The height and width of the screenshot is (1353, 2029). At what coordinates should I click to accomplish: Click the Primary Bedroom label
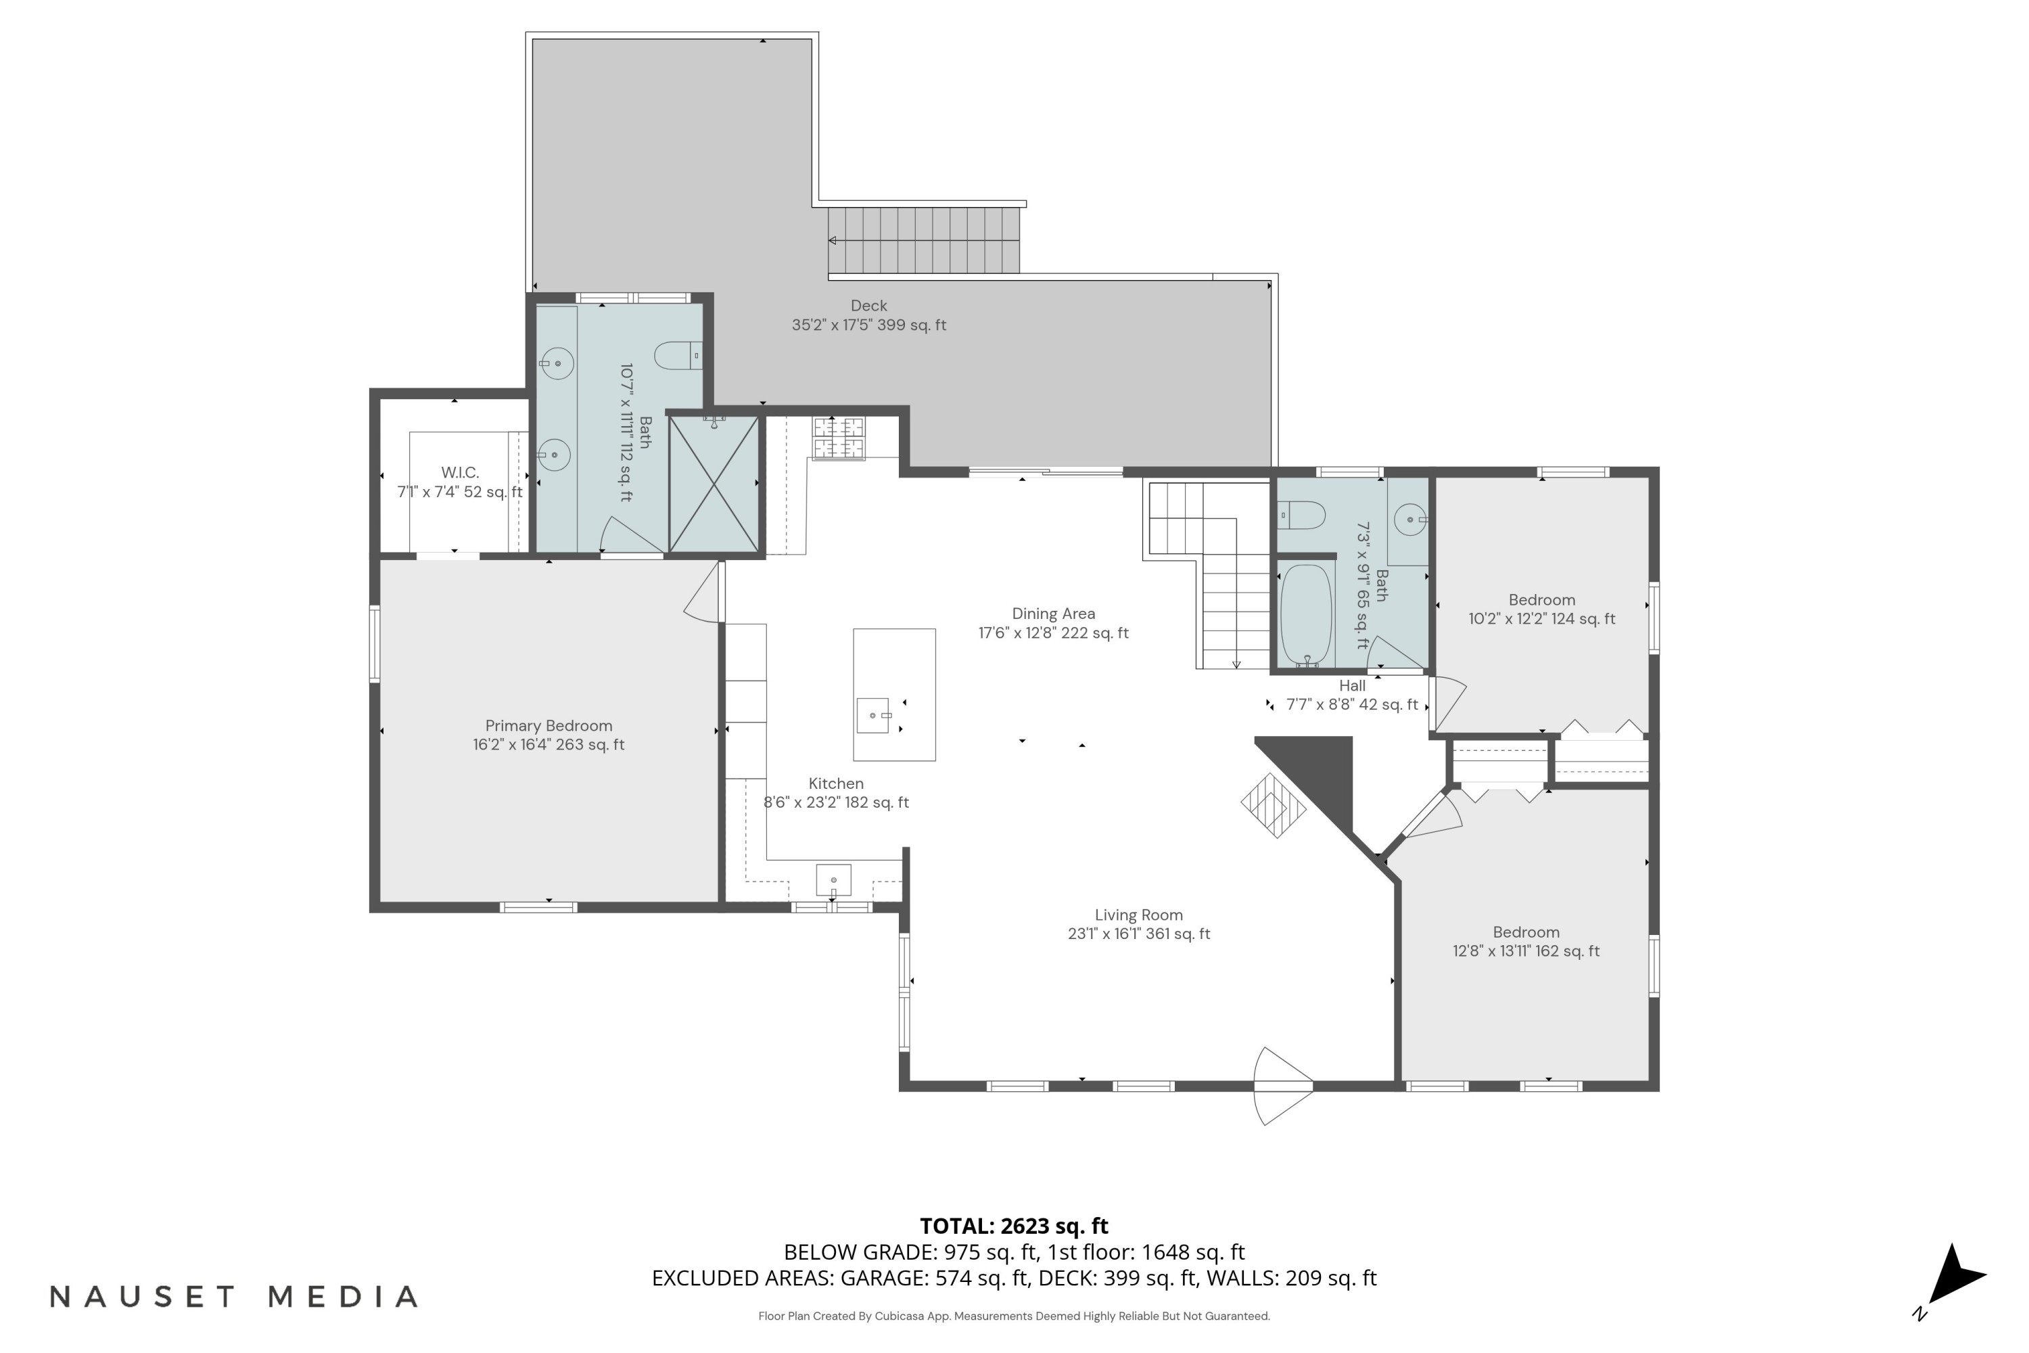549,726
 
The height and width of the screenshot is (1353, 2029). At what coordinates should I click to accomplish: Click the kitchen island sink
873,715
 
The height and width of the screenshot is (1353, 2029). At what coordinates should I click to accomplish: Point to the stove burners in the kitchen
838,438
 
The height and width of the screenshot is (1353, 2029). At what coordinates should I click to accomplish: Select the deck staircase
924,240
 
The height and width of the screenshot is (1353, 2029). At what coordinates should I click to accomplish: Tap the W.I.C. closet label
460,473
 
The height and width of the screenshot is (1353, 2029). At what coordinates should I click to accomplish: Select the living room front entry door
1284,1086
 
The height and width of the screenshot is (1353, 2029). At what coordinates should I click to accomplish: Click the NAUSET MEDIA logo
234,1296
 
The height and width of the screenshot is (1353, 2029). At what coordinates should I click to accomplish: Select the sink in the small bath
1409,520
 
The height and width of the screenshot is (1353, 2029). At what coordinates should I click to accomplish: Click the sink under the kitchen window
833,880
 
